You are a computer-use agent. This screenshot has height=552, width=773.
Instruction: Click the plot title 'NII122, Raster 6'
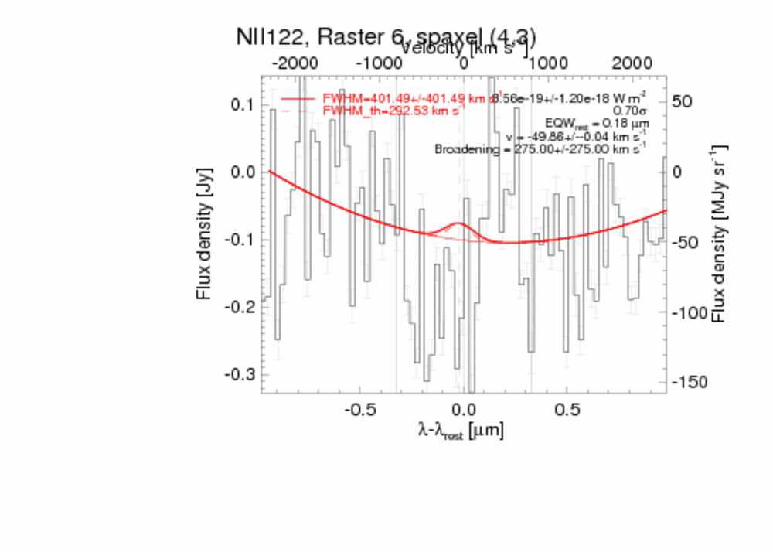[x=386, y=38]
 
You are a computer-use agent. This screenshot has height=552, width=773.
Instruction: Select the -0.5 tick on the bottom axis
[x=359, y=407]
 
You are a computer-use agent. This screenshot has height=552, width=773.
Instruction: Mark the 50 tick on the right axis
[x=682, y=101]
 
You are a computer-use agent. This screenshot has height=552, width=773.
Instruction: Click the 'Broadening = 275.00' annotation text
[x=541, y=148]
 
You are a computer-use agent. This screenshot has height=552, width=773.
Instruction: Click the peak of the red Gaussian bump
[x=458, y=223]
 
